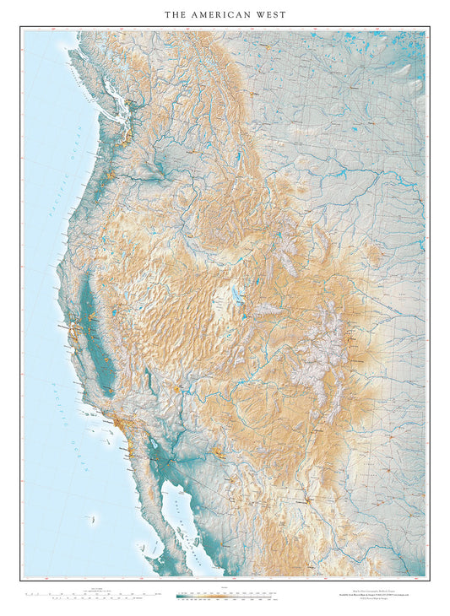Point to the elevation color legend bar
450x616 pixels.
tap(225, 596)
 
